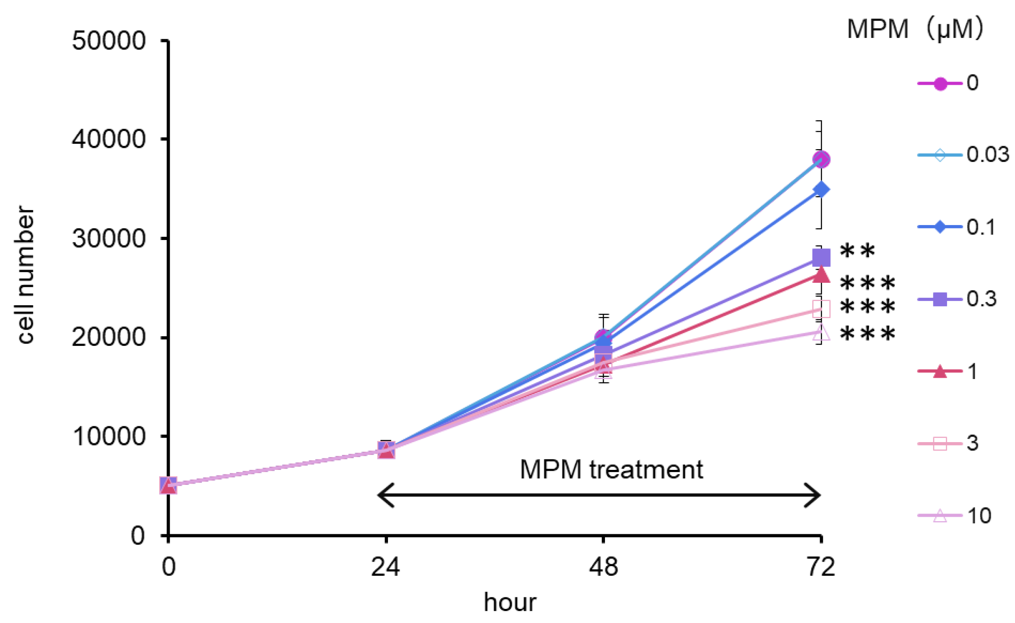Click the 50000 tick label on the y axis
coord(108,41)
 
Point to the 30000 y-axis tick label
coord(108,238)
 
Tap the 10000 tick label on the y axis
coord(108,436)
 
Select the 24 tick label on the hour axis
coord(385,567)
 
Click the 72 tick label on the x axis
coord(821,567)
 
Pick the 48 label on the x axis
coord(603,567)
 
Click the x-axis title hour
coord(510,602)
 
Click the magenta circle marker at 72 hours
coord(821,159)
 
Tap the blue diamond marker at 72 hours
coord(821,190)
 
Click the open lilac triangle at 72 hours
coord(820,332)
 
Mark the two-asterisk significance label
coord(857,251)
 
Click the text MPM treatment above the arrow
coord(611,469)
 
